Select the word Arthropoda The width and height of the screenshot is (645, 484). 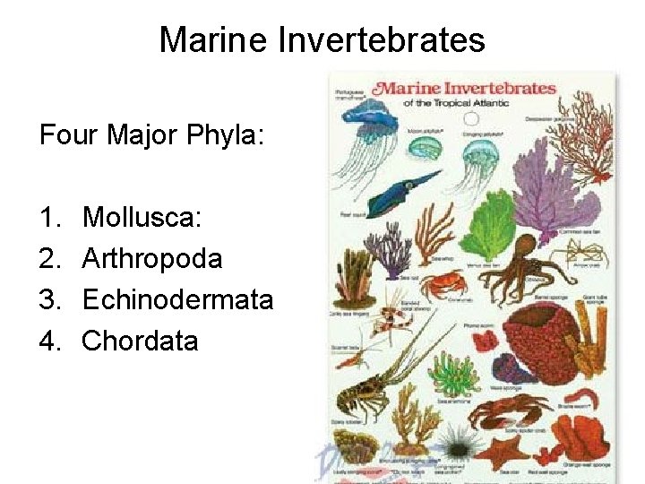152,259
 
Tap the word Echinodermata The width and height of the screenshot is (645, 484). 177,299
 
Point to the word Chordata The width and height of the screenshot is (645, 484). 140,341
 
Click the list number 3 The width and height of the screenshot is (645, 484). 49,299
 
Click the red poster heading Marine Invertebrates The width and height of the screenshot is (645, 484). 465,90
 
